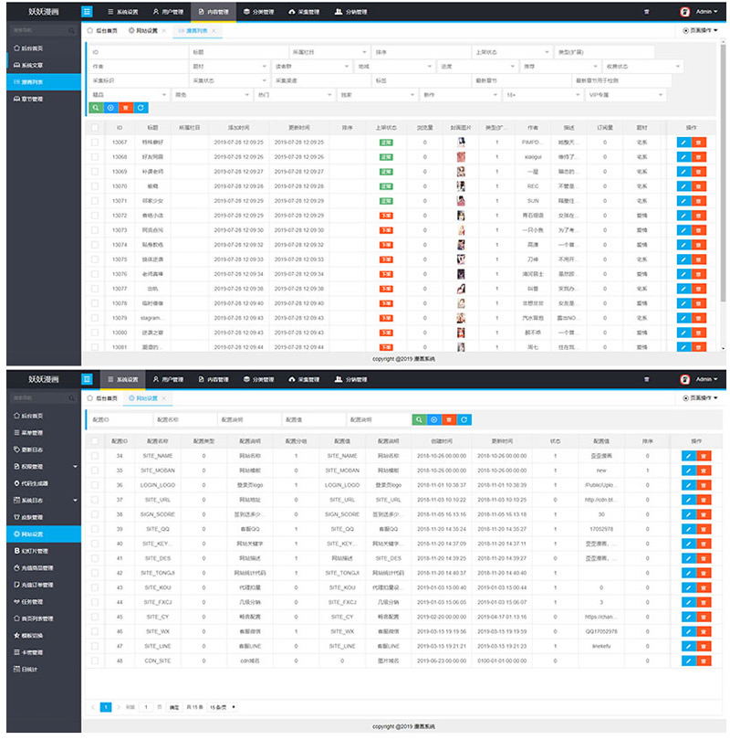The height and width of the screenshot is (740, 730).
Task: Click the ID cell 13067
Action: coord(120,142)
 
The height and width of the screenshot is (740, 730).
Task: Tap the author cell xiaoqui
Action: coord(533,156)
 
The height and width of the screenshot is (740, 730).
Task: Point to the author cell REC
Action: coord(533,185)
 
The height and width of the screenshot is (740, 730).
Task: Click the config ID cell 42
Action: coord(120,572)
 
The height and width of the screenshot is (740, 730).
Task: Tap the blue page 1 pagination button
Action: coord(107,707)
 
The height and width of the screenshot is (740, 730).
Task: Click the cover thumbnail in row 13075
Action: coord(463,259)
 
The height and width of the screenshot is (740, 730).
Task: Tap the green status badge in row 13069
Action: coord(386,171)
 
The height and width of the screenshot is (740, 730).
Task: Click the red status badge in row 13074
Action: coord(386,244)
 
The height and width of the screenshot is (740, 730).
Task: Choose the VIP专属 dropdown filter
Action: coord(625,94)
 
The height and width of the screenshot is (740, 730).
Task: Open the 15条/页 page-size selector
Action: coord(222,707)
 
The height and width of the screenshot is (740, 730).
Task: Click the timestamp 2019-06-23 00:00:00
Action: coord(442,660)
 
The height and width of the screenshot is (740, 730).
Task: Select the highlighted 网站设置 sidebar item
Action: coord(42,533)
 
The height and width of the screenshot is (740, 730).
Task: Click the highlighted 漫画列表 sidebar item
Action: coord(42,82)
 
